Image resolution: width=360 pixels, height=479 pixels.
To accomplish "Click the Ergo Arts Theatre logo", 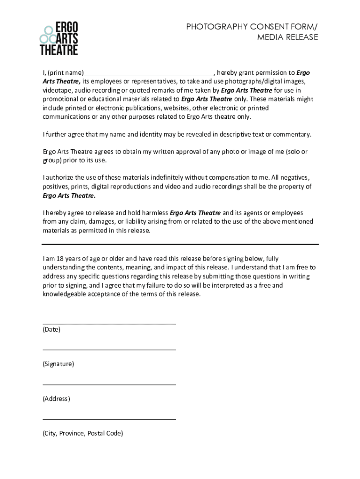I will (59, 38).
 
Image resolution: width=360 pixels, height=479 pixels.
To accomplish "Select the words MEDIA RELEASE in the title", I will (288, 37).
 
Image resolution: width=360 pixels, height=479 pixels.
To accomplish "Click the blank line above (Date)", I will (109, 323).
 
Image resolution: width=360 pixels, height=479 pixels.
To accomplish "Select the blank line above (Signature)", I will (109, 349).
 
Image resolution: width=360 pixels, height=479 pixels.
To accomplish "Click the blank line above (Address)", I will (109, 384).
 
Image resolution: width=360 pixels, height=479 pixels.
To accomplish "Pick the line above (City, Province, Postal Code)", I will (109, 419).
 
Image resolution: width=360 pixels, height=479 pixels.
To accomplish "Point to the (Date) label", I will (51, 329).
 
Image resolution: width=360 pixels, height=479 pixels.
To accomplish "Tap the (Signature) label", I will (58, 364).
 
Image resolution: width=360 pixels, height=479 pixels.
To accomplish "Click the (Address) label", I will (56, 399).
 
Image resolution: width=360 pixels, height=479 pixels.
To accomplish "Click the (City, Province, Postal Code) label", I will (83, 434).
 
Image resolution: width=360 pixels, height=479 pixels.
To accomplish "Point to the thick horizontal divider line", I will (180, 244).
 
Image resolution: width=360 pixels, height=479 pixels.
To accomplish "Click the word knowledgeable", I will (66, 294).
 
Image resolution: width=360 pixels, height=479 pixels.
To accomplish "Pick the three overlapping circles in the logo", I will (47, 35).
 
